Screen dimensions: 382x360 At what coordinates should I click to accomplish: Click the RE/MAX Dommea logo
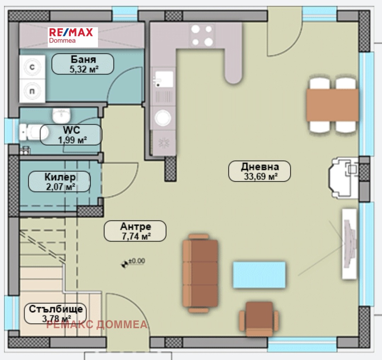pyautogui.click(x=73, y=37)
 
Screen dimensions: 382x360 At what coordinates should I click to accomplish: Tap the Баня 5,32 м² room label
pyautogui.click(x=83, y=64)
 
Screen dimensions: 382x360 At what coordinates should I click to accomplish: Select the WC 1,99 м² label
pyautogui.click(x=71, y=135)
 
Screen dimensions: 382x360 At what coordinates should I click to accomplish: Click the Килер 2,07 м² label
pyautogui.click(x=59, y=181)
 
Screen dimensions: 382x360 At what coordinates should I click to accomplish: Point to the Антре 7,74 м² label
pyautogui.click(x=135, y=231)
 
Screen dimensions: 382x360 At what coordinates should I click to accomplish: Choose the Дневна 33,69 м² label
pyautogui.click(x=260, y=171)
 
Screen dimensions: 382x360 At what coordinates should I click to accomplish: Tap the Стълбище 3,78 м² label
pyautogui.click(x=55, y=313)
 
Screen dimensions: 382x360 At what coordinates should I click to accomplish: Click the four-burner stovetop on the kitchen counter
pyautogui.click(x=202, y=36)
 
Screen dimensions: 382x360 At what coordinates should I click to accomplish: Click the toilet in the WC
pyautogui.click(x=33, y=132)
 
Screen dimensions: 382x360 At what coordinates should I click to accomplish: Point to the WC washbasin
pyautogui.click(x=61, y=116)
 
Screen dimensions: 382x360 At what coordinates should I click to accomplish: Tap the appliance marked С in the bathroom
pyautogui.click(x=32, y=67)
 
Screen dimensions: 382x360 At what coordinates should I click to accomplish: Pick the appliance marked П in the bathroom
pyautogui.click(x=32, y=91)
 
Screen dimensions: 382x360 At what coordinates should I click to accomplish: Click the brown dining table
pyautogui.click(x=332, y=105)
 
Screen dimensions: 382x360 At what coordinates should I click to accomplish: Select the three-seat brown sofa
pyautogui.click(x=200, y=273)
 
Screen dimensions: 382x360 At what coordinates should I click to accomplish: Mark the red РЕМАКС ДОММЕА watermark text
pyautogui.click(x=97, y=324)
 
